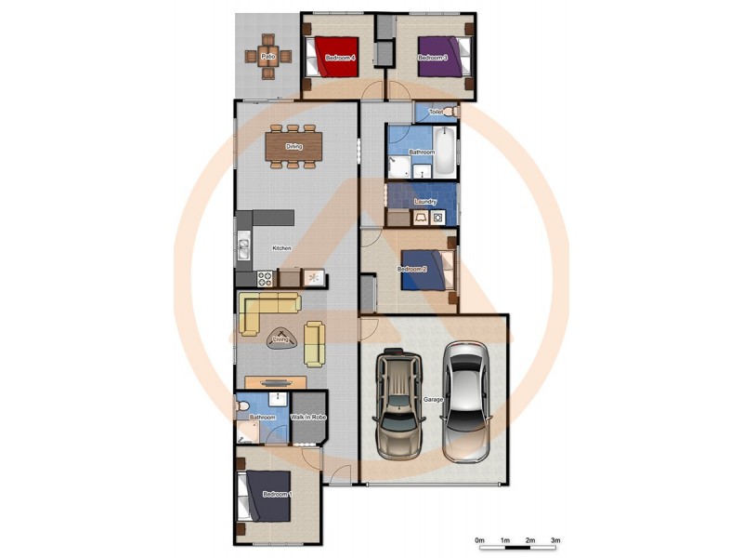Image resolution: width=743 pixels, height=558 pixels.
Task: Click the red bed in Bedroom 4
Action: pos(333,56)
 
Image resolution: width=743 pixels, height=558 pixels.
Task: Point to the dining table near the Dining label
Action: pos(294,146)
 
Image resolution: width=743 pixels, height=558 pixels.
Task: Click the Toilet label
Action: pos(436,113)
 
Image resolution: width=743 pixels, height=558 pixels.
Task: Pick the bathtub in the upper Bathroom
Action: pos(446,154)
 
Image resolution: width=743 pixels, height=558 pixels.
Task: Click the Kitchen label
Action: pos(281,248)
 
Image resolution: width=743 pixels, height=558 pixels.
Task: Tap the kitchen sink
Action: pos(243,248)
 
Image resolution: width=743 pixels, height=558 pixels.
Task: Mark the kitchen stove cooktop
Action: pos(265,276)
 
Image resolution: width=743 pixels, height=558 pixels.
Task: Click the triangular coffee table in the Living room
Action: pos(280,339)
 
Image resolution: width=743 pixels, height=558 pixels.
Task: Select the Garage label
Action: pos(433,399)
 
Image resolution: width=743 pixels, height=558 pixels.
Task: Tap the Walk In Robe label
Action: pos(309,418)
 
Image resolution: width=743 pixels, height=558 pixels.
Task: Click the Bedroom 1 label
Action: pos(277,494)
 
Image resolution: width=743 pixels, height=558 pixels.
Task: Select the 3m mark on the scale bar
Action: pos(555,539)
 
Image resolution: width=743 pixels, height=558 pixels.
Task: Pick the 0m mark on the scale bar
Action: pos(479,539)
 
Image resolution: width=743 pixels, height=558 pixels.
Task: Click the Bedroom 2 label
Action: pos(412,270)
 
